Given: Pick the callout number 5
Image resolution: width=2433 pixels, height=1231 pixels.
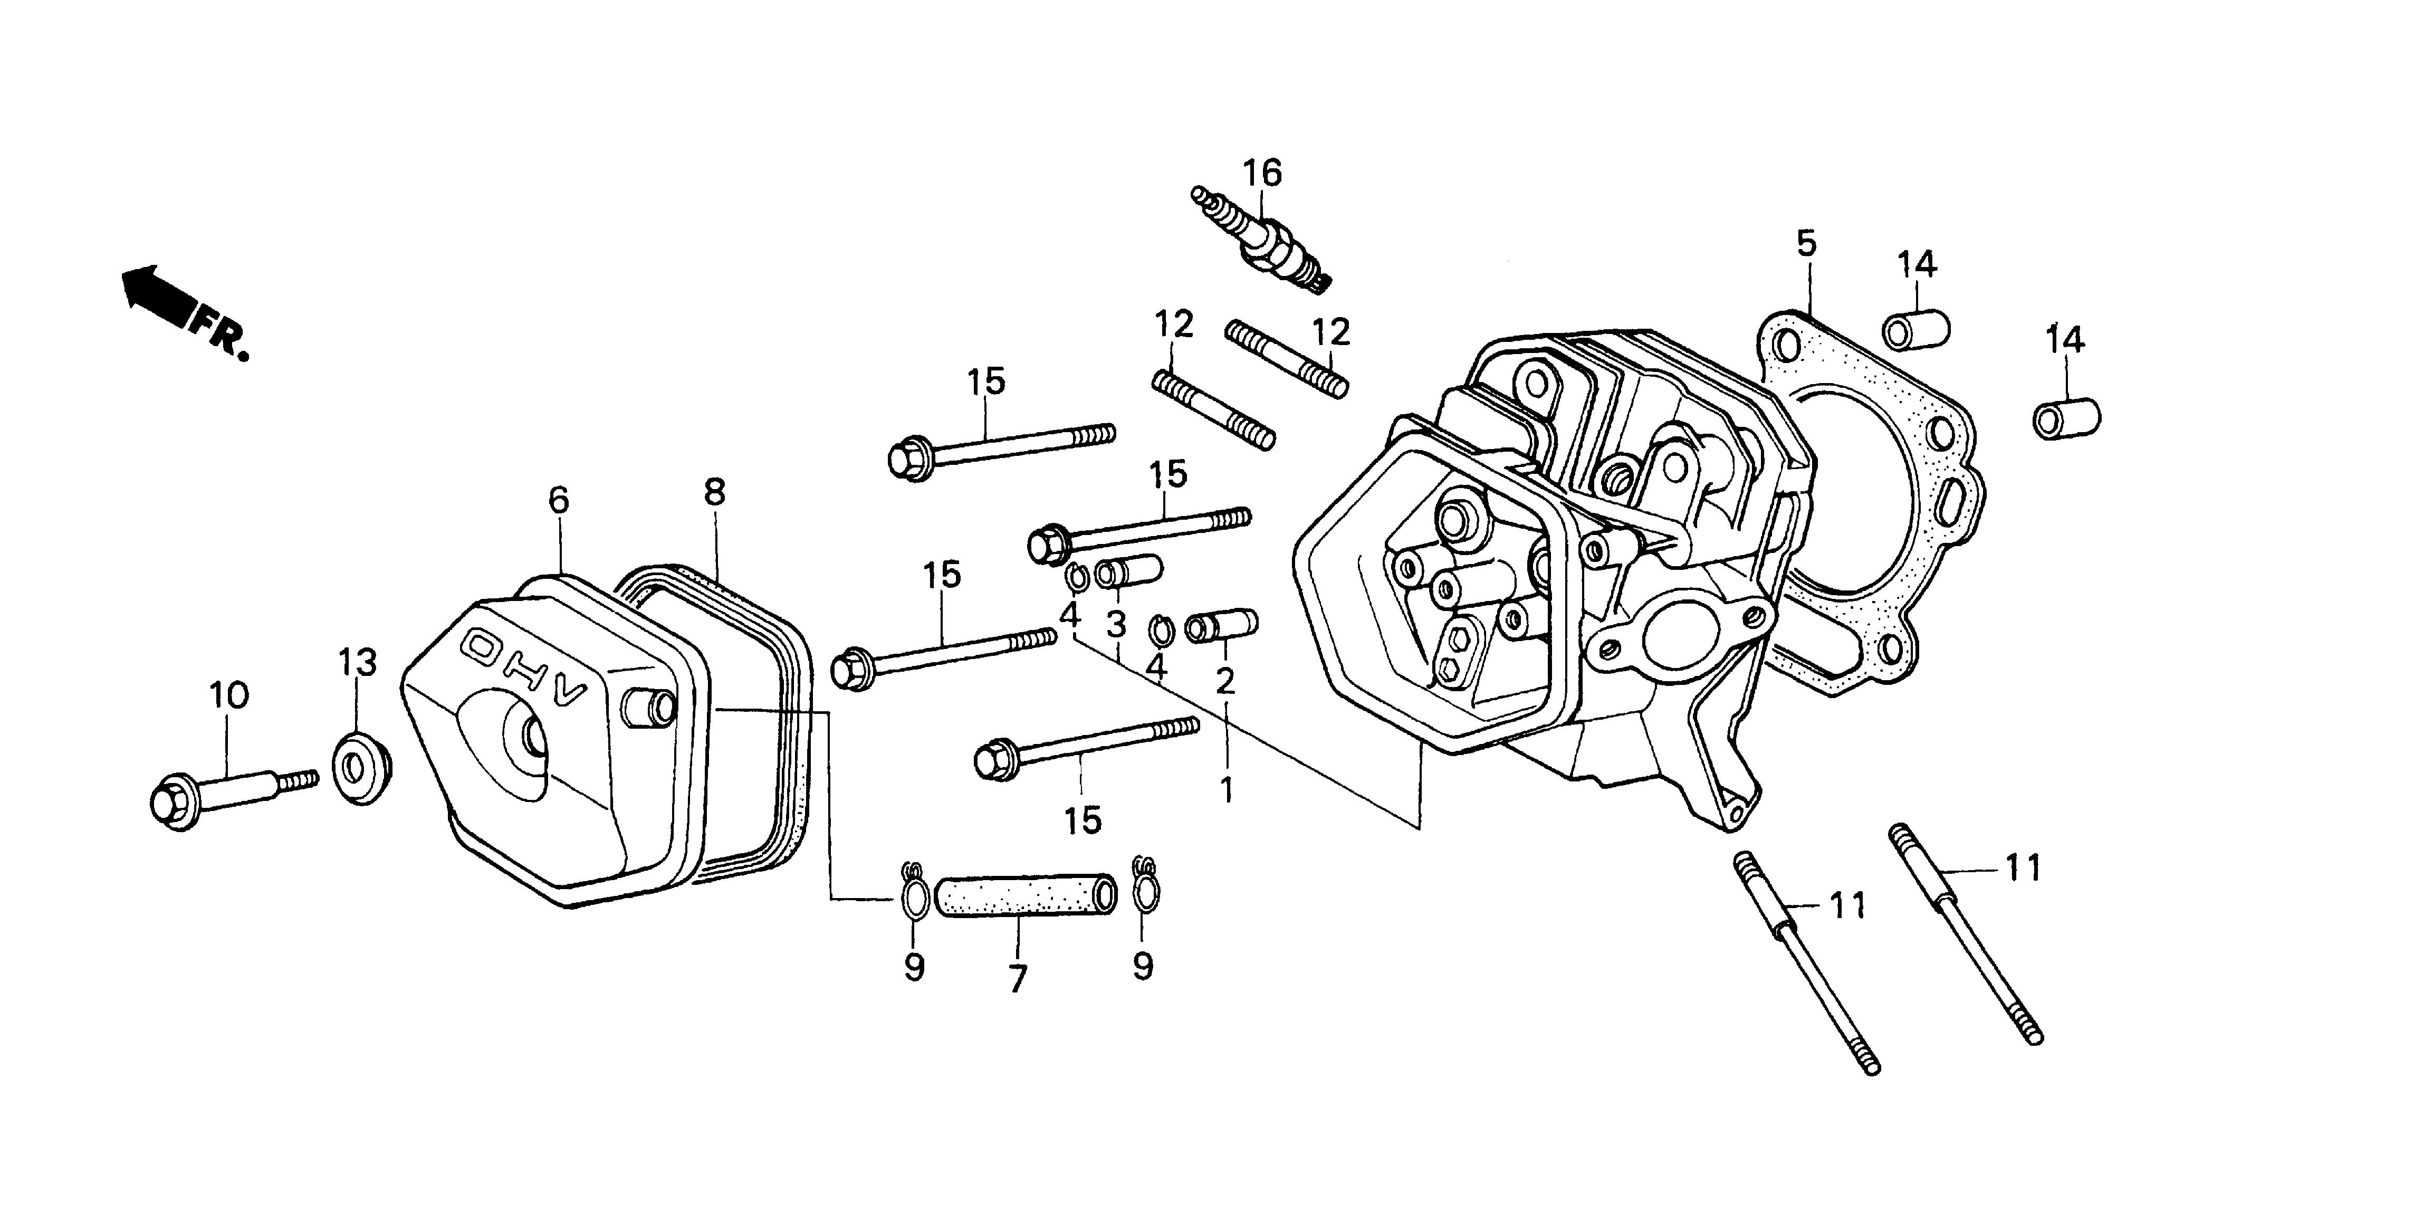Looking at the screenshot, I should tap(1805, 244).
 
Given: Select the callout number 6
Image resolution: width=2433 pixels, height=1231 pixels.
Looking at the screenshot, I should tap(558, 500).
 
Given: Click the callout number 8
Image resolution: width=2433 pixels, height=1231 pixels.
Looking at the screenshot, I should tap(714, 492).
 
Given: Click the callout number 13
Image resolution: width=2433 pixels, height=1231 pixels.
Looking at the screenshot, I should tap(358, 662).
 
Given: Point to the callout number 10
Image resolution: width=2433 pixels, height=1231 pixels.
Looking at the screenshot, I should tap(228, 695).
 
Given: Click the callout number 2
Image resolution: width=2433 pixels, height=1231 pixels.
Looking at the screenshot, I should tap(1225, 680).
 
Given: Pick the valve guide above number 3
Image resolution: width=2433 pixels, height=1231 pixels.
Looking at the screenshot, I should tap(1128, 572).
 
